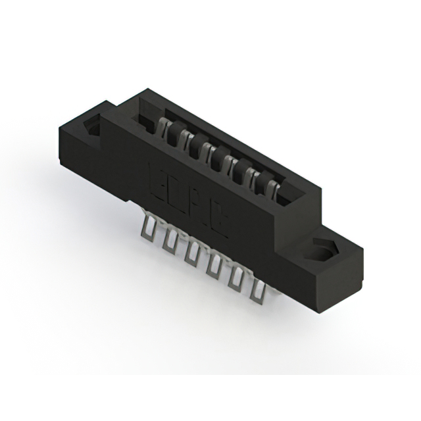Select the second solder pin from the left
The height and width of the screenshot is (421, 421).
click(170, 237)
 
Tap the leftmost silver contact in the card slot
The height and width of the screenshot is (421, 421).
click(161, 125)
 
